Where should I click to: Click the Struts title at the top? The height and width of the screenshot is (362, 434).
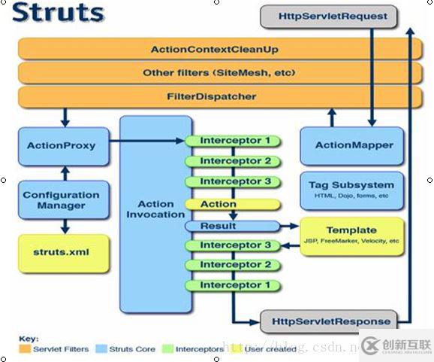[59, 13]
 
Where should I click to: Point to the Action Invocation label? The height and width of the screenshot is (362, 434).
[156, 208]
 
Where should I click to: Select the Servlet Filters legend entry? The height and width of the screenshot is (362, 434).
[57, 349]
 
